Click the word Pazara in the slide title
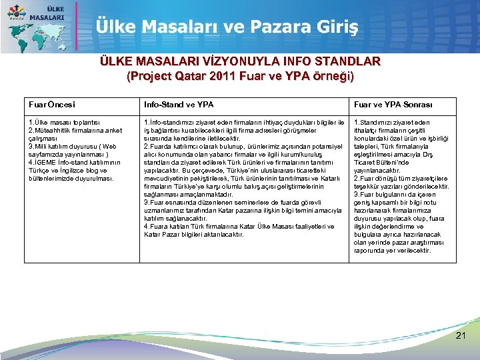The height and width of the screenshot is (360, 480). pyautogui.click(x=274, y=27)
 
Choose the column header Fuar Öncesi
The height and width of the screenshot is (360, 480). pyautogui.click(x=52, y=105)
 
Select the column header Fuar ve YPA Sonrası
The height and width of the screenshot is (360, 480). pyautogui.click(x=393, y=105)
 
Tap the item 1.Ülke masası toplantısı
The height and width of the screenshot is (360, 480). pyautogui.click(x=64, y=123)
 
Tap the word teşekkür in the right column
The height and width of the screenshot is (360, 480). pyautogui.click(x=367, y=187)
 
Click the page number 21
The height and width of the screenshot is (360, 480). pyautogui.click(x=461, y=335)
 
